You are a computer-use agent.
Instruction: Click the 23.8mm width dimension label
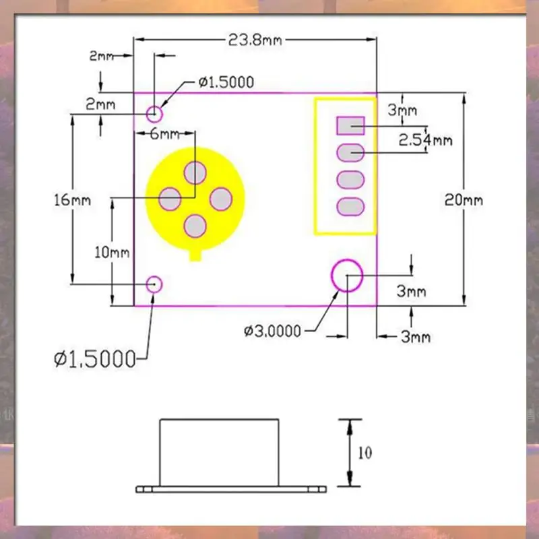255,40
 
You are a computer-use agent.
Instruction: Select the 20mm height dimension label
464,200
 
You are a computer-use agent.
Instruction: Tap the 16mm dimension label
71,200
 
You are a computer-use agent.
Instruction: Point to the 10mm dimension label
111,253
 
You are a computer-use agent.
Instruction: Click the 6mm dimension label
160,133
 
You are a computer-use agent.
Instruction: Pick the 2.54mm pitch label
425,140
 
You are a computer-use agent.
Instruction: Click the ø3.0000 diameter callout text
273,331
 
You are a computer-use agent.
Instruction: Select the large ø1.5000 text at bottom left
94,358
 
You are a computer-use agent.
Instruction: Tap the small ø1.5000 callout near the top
226,82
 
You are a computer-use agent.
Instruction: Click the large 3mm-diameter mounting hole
347,276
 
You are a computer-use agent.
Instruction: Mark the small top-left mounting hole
155,112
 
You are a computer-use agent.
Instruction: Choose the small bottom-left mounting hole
155,284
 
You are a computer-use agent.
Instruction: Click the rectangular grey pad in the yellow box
350,125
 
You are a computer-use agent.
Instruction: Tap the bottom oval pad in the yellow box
350,207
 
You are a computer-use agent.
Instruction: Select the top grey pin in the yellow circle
195,172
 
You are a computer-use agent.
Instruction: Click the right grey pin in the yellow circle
221,199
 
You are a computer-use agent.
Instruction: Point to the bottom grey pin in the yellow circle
195,226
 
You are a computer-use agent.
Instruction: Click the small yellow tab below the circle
196,255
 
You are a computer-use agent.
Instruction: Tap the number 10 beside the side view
364,453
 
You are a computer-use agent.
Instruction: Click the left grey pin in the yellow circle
170,199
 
